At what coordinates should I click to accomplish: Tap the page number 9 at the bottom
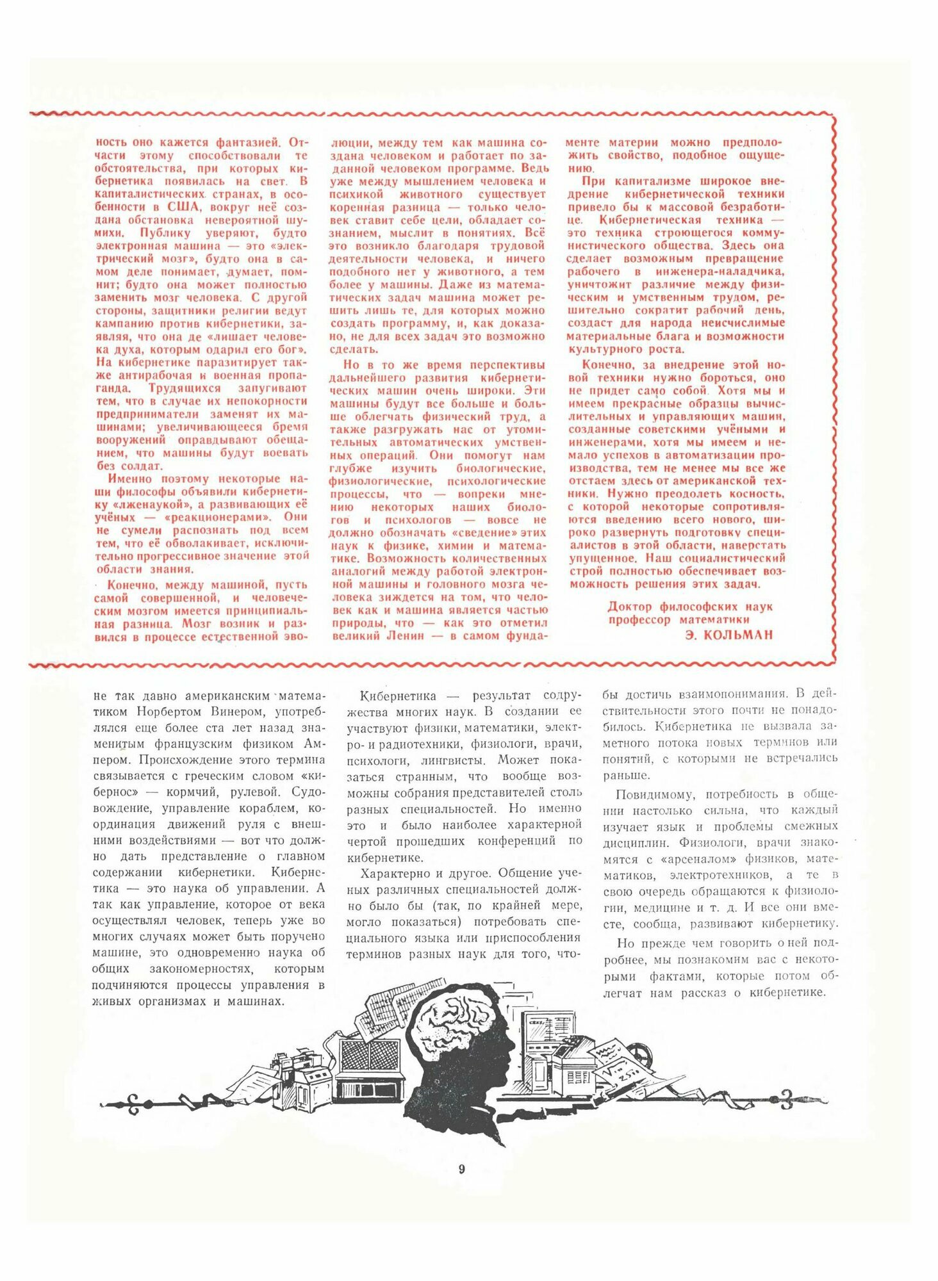pyautogui.click(x=462, y=1169)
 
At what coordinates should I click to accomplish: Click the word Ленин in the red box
pyautogui.click(x=405, y=636)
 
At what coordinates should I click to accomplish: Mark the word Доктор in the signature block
pyautogui.click(x=630, y=607)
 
